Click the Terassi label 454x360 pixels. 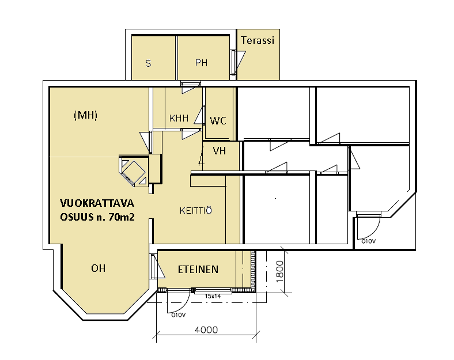point(258,40)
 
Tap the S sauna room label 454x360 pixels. point(148,63)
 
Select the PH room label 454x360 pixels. point(201,63)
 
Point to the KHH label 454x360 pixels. point(179,118)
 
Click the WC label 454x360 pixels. point(218,121)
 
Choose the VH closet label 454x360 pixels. point(219,151)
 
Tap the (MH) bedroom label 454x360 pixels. point(85,115)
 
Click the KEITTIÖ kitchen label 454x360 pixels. point(196,210)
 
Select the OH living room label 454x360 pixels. point(98,268)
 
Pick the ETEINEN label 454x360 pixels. point(198,270)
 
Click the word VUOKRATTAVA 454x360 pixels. point(97,203)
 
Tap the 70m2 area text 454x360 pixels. point(122,217)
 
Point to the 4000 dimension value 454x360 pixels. point(206,329)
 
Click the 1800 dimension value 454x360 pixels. point(279,271)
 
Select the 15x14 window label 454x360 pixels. point(213,296)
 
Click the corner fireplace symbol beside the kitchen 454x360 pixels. point(134,171)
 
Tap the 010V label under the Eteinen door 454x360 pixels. point(179,315)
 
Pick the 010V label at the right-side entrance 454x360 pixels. point(368,241)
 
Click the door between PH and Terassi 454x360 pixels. point(237,62)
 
